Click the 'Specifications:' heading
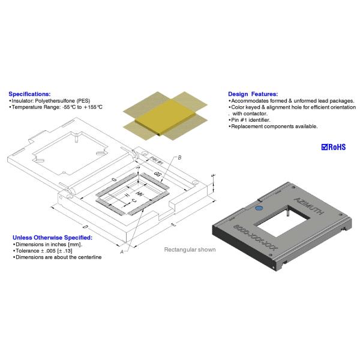click(29, 94)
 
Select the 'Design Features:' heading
click(253, 94)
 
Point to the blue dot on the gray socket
click(259, 209)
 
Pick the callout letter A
click(122, 253)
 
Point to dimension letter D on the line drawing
click(85, 227)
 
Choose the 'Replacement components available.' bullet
click(275, 126)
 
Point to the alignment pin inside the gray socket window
click(289, 212)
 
